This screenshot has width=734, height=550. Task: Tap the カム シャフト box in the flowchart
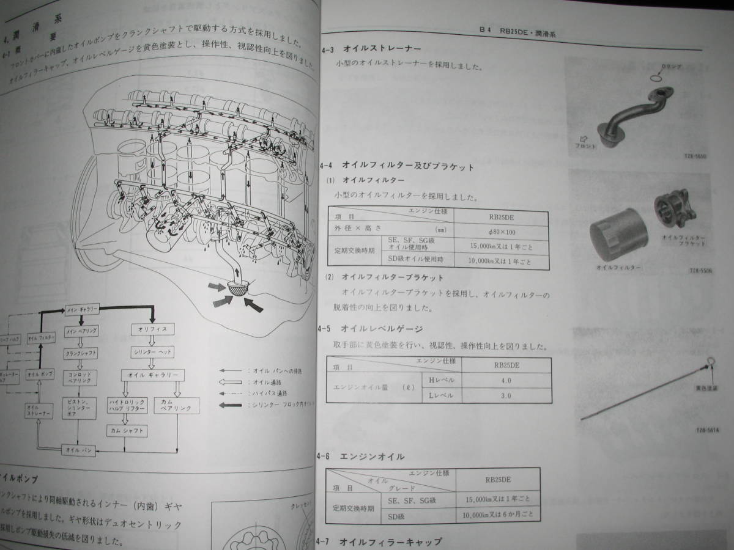pyautogui.click(x=127, y=430)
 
